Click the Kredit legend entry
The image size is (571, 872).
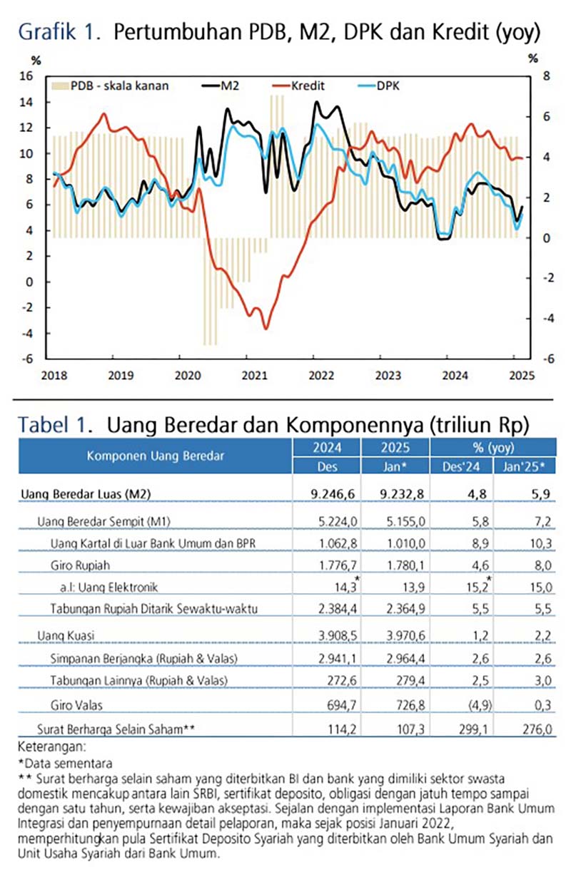click(308, 86)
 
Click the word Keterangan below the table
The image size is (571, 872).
click(47, 747)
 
